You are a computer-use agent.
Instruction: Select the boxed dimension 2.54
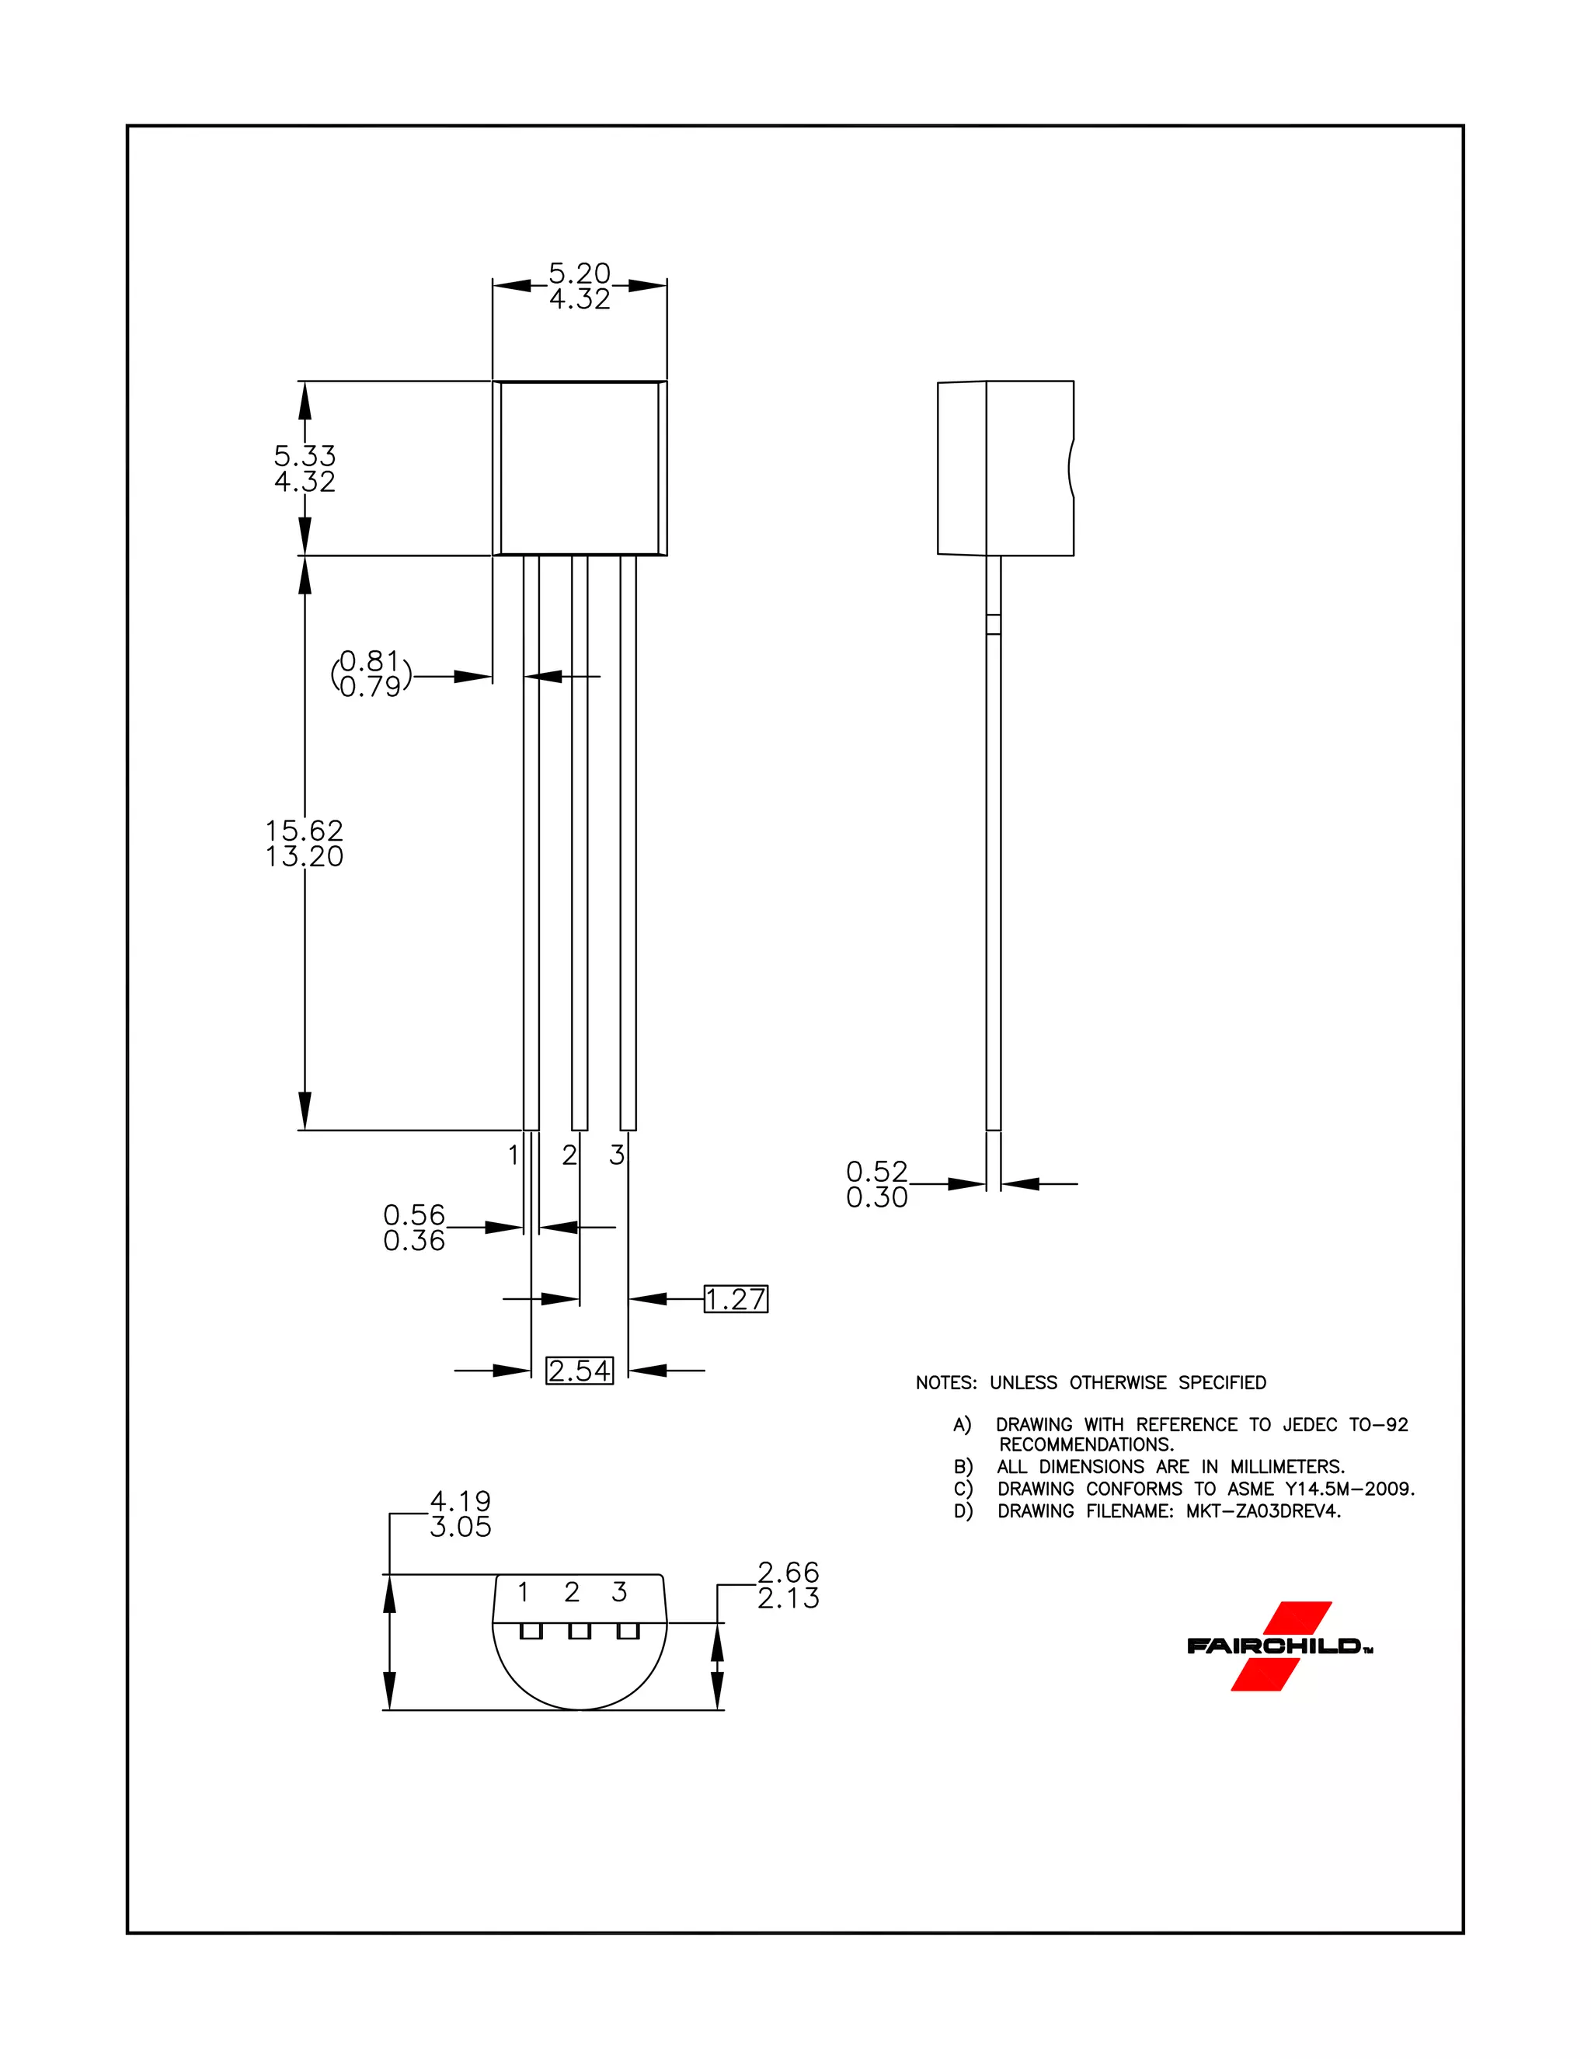pos(580,1371)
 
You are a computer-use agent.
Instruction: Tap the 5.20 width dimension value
pos(580,273)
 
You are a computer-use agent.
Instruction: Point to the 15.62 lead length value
pos(305,831)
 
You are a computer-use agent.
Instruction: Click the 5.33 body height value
pos(305,455)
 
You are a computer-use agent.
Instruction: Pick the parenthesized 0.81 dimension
pos(371,661)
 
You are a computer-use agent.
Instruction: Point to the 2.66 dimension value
pos(788,1572)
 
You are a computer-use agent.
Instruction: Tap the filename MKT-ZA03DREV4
pos(1263,1511)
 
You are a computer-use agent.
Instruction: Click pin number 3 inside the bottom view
pos(619,1592)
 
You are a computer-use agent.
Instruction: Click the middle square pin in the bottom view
pos(580,1631)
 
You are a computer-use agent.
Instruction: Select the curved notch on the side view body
pos(1071,468)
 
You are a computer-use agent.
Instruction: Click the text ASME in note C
pos(1251,1489)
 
